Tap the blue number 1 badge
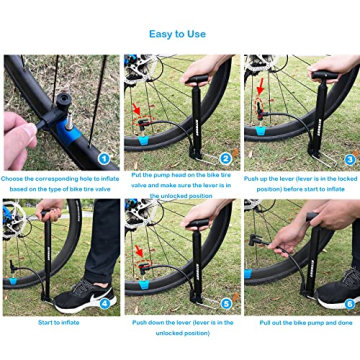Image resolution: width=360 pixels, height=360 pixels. point(103,157)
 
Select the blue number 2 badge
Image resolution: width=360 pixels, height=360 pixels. point(226,157)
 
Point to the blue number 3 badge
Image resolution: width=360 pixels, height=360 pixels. point(349,157)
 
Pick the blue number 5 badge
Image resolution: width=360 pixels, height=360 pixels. point(226,303)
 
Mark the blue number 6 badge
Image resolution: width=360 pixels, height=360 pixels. point(349,303)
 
